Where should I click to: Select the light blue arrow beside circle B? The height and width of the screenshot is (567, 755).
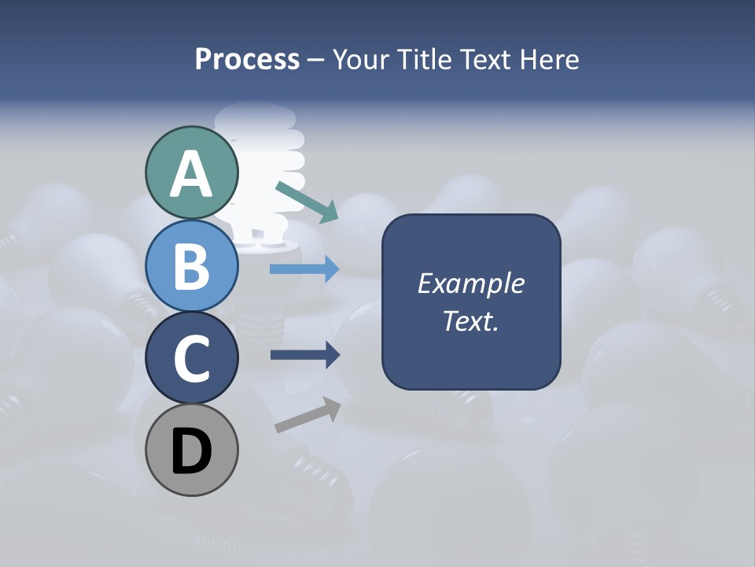(x=304, y=269)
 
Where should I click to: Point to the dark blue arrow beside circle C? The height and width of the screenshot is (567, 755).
(x=304, y=355)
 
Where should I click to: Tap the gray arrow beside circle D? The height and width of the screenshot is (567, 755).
(x=308, y=415)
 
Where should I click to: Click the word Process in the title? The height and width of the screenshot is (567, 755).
(x=247, y=59)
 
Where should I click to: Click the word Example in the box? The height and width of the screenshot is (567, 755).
(x=470, y=283)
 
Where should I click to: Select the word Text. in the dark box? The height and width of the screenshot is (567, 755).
(x=470, y=321)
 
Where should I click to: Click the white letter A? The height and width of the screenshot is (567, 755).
(x=192, y=174)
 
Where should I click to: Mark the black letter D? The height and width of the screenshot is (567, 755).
(x=192, y=451)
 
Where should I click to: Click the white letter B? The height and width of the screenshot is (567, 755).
(x=192, y=266)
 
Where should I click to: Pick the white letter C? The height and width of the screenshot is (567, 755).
(x=192, y=359)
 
